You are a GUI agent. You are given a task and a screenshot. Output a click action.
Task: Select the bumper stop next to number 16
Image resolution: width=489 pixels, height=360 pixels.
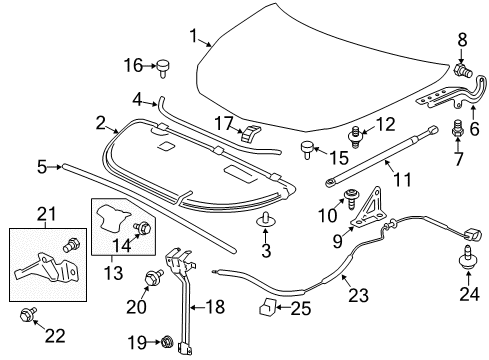tap(162, 68)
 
